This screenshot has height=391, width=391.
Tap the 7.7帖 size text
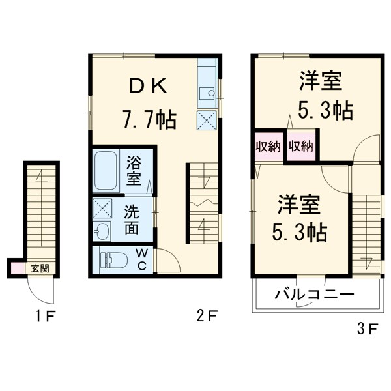(x=148, y=119)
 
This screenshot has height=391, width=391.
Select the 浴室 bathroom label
(x=134, y=169)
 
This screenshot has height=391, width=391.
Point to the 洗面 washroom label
(x=132, y=220)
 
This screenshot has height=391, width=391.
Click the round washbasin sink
(x=103, y=231)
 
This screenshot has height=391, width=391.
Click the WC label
(x=142, y=259)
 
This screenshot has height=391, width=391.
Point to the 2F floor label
(x=207, y=317)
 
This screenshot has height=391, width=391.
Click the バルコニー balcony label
(x=313, y=295)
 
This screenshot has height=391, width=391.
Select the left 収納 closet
(x=268, y=146)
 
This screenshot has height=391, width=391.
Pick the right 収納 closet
(x=301, y=146)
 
